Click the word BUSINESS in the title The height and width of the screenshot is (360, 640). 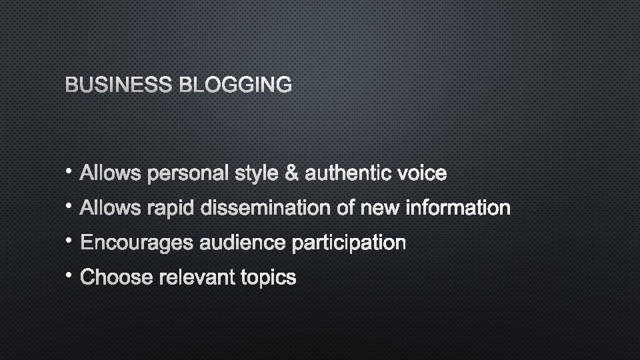tap(118, 85)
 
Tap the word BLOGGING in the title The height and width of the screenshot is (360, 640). tap(234, 85)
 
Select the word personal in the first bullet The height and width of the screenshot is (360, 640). tap(189, 174)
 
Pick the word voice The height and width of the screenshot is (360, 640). tap(421, 174)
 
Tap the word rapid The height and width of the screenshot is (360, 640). tap(171, 209)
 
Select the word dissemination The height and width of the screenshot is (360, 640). tap(266, 209)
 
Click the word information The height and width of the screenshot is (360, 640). tap(458, 209)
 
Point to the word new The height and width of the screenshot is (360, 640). tap(379, 209)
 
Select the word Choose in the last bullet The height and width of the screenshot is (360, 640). tap(117, 277)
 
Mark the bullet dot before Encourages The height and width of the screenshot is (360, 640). tap(71, 239)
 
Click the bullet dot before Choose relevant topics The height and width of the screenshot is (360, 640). tap(71, 274)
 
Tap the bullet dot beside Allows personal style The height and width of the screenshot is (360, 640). tap(71, 170)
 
